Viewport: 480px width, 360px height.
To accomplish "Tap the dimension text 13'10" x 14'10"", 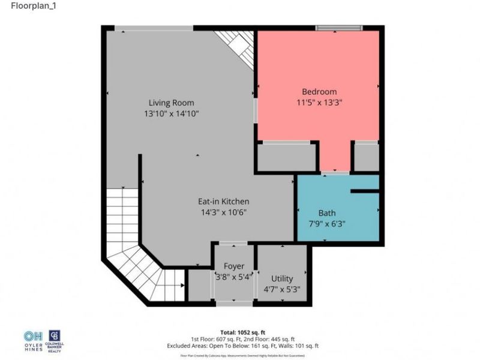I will coord(171,113).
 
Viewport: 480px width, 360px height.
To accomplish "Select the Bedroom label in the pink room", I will coord(319,91).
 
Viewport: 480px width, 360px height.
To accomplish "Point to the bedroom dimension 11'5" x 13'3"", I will coord(319,102).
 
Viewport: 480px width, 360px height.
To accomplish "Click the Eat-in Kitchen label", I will coord(223,201).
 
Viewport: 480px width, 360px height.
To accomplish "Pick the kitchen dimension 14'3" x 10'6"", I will coord(223,212).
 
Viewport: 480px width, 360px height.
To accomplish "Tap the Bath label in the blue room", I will coord(327,213).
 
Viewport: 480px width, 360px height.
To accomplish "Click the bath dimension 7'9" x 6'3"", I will coord(327,224).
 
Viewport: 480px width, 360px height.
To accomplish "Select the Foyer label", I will coord(233,266).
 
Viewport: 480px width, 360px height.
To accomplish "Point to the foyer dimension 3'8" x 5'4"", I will coord(233,277).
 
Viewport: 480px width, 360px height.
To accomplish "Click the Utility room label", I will coord(282,278).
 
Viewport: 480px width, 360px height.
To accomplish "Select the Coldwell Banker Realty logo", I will coord(55,339).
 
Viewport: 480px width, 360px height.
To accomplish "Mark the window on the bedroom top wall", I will coord(339,28).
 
